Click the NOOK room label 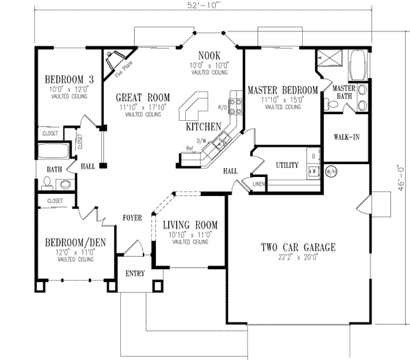[208, 55]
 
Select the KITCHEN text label [203, 127]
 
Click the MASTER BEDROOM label [282, 90]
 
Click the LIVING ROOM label [191, 225]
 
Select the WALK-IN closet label [346, 137]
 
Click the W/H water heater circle [331, 171]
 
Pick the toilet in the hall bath [47, 182]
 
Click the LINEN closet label [258, 183]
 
